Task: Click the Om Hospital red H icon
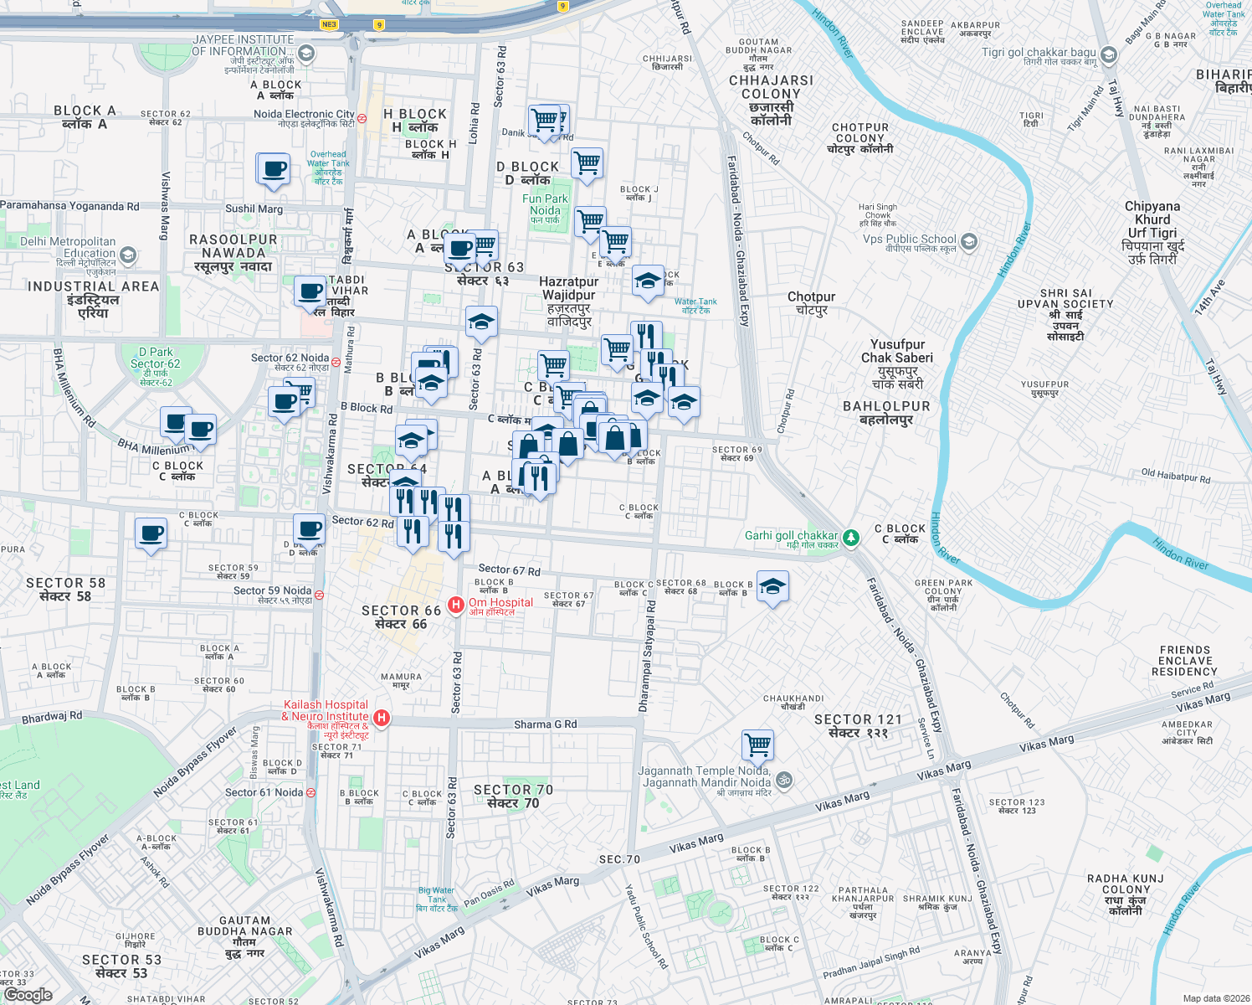click(456, 604)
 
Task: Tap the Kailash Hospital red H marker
click(381, 718)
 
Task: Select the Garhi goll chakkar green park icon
click(851, 538)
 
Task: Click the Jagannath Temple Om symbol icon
click(784, 780)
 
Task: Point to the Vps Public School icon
click(968, 242)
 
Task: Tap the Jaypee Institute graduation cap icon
click(306, 54)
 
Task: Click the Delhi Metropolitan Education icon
click(128, 254)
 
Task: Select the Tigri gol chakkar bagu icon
click(1109, 55)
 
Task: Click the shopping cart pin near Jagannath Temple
click(758, 743)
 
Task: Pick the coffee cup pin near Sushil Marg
click(274, 169)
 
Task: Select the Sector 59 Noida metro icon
click(319, 595)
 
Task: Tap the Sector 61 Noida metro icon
click(310, 792)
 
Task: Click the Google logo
click(28, 995)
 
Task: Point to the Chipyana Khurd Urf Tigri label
click(1152, 233)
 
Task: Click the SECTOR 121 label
click(858, 726)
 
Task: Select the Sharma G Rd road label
click(545, 724)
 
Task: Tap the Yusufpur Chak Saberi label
click(897, 364)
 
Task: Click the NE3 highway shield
click(329, 25)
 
